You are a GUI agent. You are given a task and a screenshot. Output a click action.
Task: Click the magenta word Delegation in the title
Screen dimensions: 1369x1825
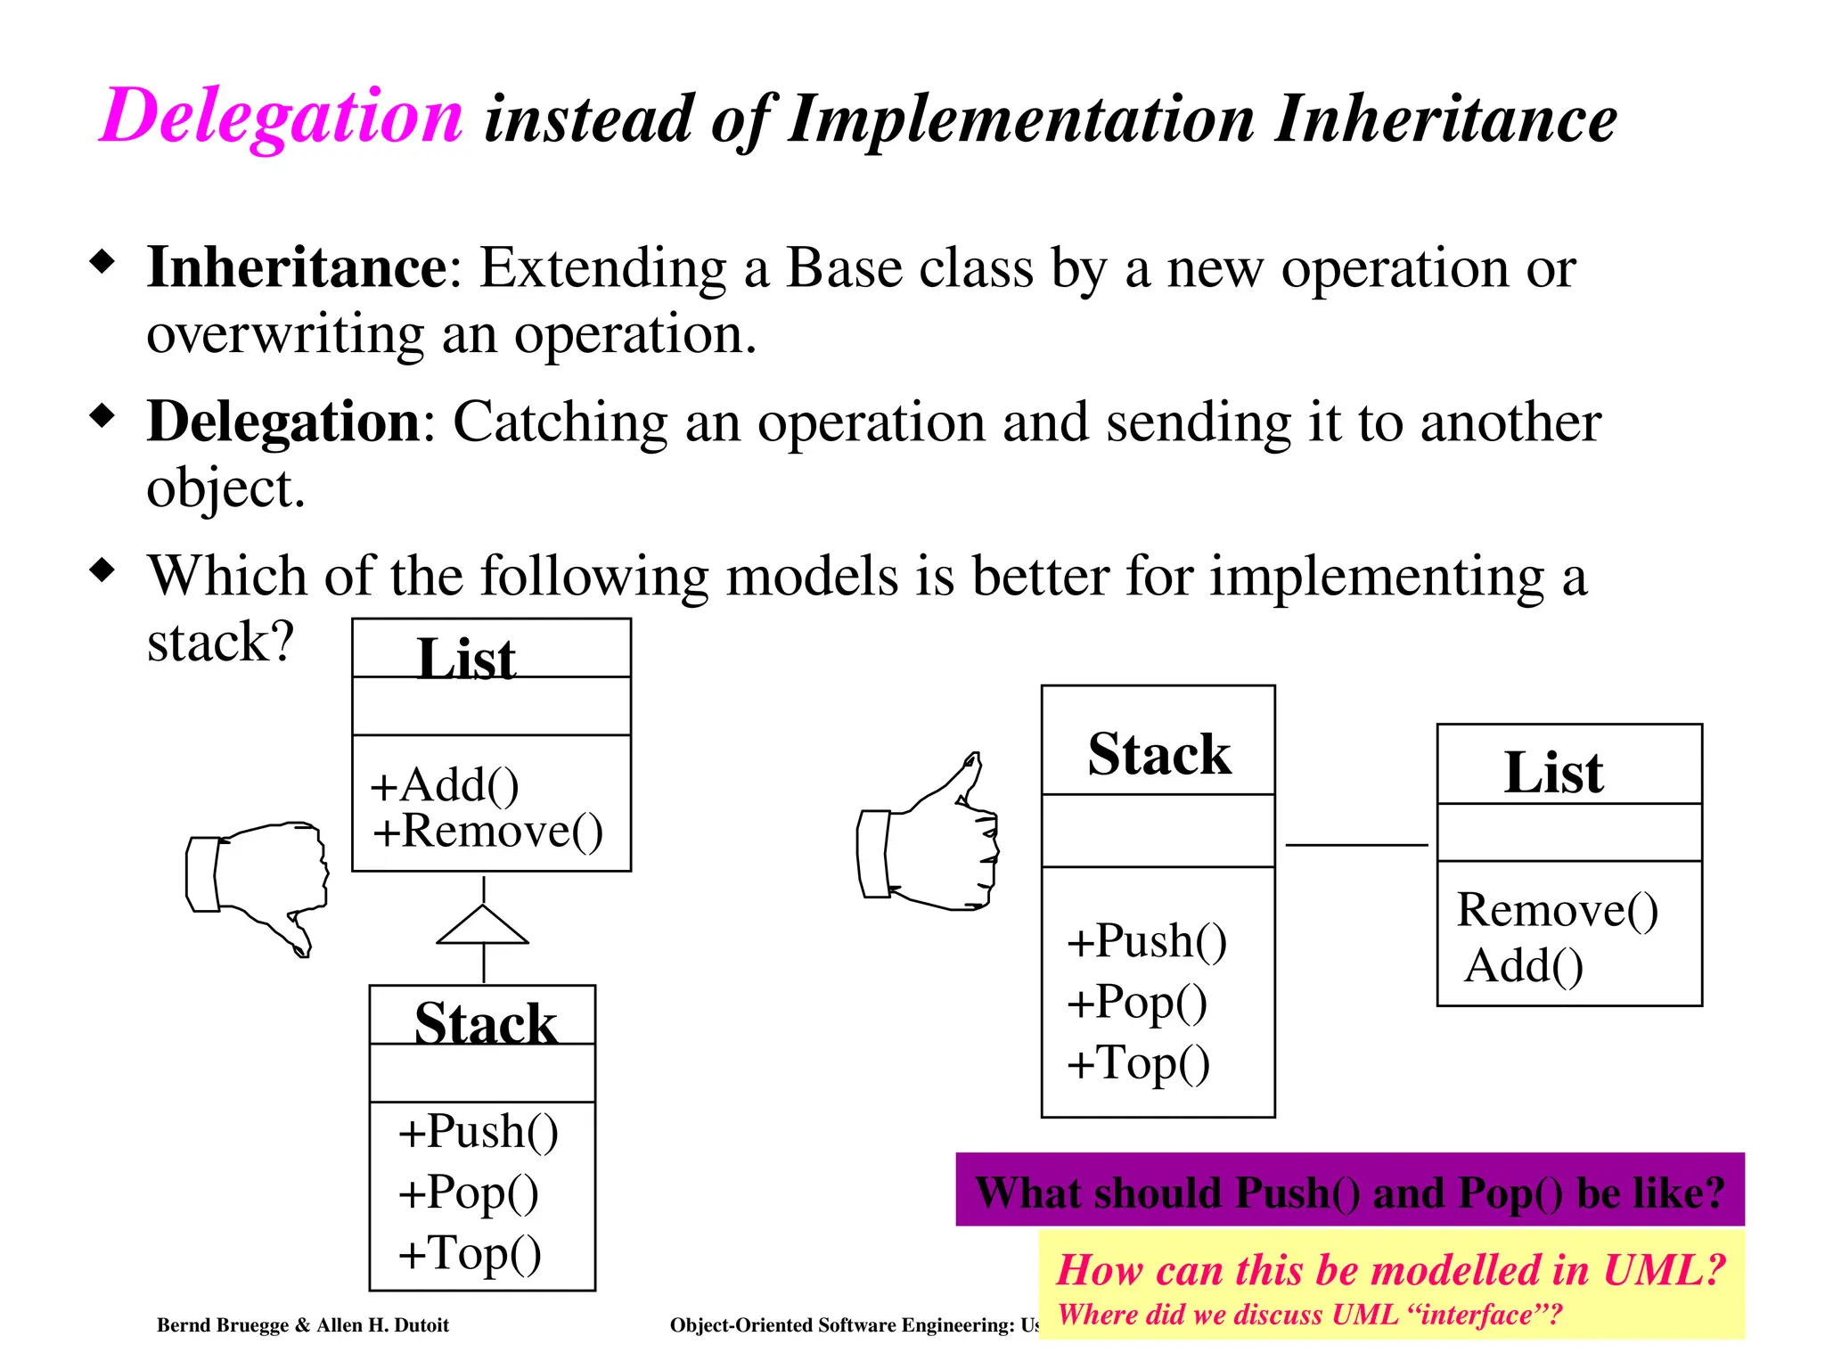(282, 116)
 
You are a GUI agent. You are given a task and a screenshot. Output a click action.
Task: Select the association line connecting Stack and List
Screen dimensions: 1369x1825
(1355, 844)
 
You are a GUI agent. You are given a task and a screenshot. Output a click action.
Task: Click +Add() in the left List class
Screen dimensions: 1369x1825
(445, 785)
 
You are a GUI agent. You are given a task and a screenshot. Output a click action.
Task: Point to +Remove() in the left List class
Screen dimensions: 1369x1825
(487, 832)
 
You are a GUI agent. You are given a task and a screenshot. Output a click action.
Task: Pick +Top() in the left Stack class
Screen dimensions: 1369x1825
(470, 1252)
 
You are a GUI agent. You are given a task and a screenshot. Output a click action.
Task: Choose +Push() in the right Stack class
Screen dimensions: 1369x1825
(1147, 941)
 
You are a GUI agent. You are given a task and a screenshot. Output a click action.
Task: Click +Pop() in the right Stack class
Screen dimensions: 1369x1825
(1137, 1002)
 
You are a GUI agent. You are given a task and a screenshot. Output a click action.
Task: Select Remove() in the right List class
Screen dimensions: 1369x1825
(1557, 910)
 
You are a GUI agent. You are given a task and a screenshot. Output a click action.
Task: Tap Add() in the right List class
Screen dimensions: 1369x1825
(1524, 965)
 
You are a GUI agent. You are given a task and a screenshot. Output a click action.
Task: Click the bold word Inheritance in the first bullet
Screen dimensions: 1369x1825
(297, 267)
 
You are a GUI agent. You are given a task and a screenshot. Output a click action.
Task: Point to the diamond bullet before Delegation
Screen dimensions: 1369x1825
(103, 415)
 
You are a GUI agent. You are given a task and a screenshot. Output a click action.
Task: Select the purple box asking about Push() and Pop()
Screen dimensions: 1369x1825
(1349, 1191)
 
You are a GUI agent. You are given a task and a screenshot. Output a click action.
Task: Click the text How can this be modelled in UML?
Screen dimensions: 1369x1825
(1390, 1269)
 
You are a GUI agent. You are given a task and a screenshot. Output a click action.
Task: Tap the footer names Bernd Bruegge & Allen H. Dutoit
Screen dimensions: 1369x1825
(303, 1325)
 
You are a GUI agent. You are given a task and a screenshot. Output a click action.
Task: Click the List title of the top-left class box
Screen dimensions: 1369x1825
(466, 660)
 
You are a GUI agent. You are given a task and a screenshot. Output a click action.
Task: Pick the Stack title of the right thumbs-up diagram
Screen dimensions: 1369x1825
(1158, 754)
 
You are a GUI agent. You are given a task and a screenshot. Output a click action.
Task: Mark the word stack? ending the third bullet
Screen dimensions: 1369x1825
(220, 642)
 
